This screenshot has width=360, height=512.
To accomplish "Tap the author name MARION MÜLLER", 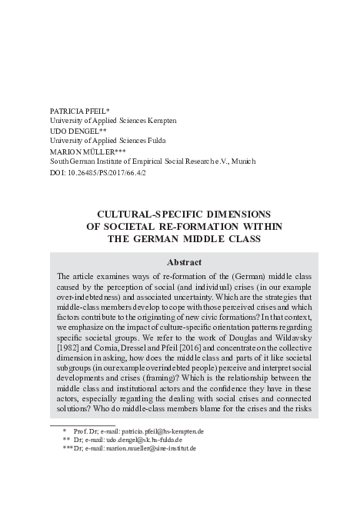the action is pyautogui.click(x=82, y=152).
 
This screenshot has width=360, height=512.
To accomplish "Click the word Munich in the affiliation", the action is pyautogui.click(x=242, y=162).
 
